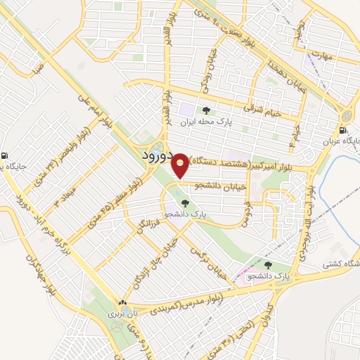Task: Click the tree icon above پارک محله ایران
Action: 205,110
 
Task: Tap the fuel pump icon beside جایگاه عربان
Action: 342,130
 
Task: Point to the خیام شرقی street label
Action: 262,109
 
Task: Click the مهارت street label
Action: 322,54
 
